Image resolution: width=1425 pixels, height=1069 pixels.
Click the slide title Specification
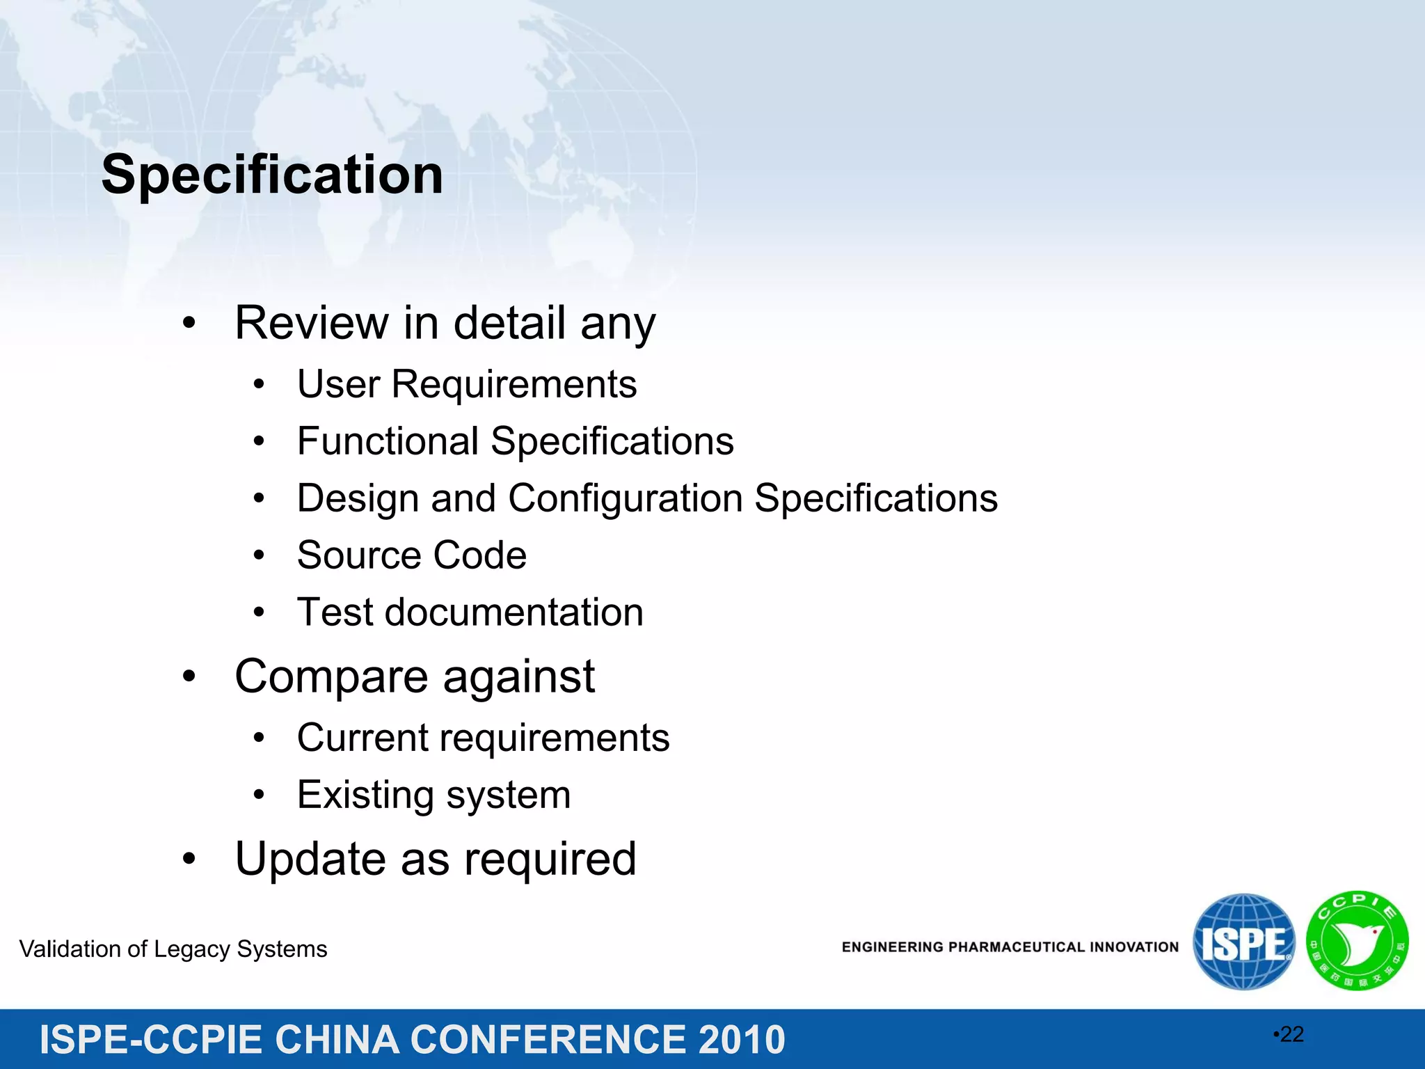(x=272, y=175)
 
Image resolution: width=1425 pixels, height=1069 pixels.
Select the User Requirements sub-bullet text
(x=466, y=384)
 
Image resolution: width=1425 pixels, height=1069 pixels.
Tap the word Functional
(x=388, y=441)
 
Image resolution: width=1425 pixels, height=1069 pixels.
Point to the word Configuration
(x=626, y=498)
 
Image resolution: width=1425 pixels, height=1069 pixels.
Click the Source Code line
(x=411, y=555)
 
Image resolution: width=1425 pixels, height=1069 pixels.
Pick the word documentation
(x=514, y=612)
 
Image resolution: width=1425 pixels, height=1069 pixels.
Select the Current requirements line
(x=483, y=738)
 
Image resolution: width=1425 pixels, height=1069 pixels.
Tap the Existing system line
(x=433, y=795)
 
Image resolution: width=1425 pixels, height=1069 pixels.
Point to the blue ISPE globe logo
(x=1243, y=942)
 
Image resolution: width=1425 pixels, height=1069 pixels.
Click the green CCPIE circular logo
(x=1357, y=941)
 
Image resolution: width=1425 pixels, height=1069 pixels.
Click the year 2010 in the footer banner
(x=742, y=1040)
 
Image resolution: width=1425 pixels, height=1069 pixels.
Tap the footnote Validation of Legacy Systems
(x=173, y=949)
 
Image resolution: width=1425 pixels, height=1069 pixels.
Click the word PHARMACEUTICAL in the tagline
(x=1017, y=947)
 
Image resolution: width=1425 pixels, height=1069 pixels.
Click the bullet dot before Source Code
(x=259, y=555)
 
